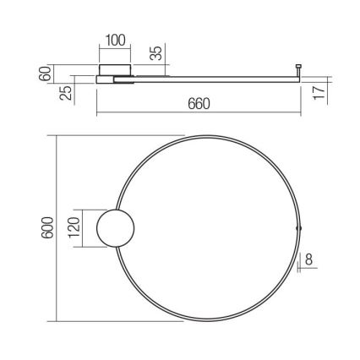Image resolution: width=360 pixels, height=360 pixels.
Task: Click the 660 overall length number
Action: point(198,104)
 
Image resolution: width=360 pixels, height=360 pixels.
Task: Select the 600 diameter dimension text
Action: point(48,227)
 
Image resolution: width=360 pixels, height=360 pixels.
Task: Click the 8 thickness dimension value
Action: point(310,260)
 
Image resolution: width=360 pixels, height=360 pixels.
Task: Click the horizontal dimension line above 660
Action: point(198,115)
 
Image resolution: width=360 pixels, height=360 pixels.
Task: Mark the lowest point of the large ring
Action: point(207,319)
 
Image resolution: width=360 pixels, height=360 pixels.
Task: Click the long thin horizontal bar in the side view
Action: point(211,81)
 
